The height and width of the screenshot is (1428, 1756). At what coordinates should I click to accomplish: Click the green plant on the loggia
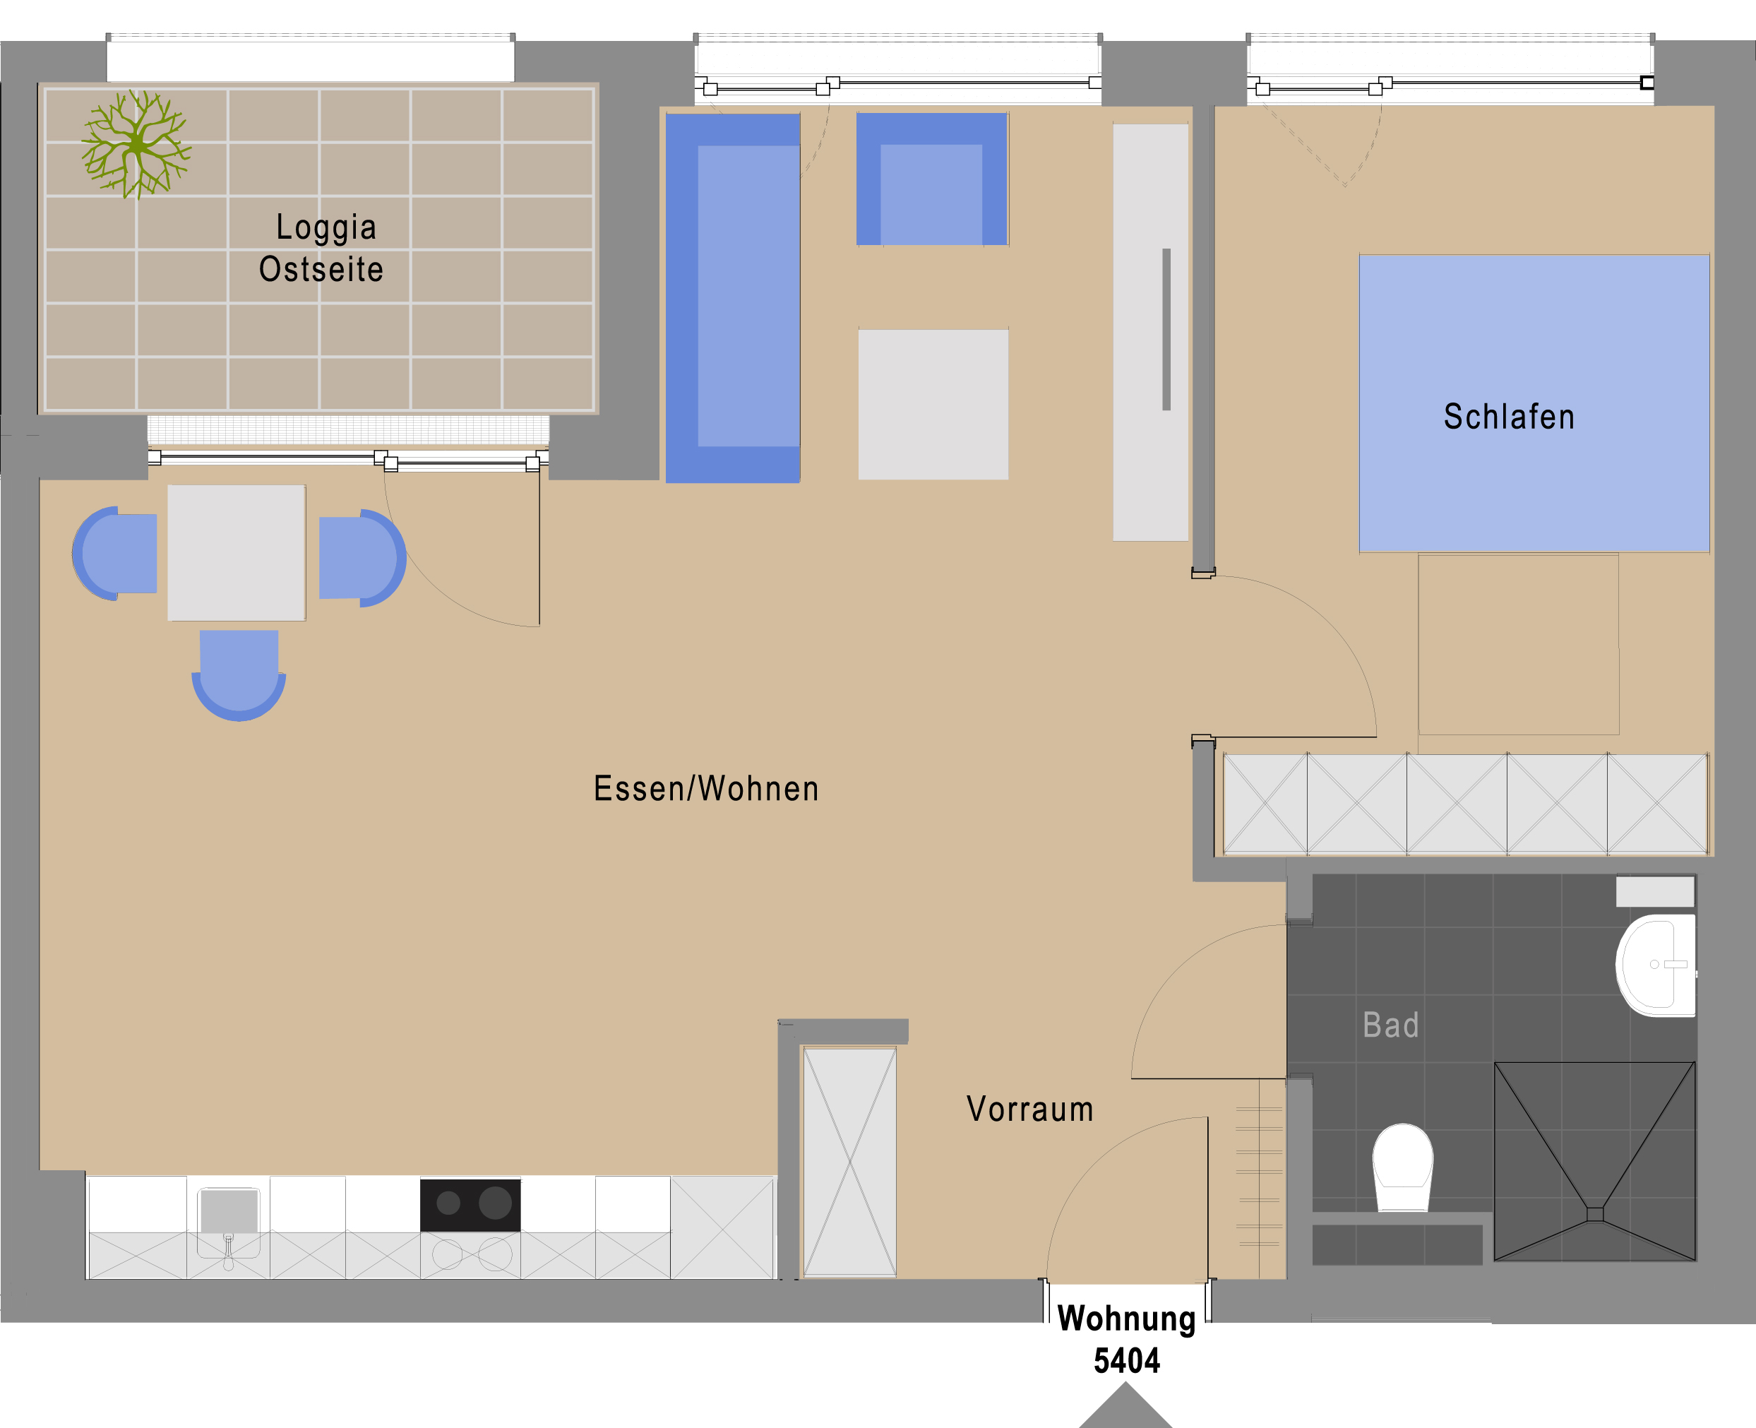pyautogui.click(x=136, y=145)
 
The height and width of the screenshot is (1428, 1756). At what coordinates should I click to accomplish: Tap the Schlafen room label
pyautogui.click(x=1510, y=417)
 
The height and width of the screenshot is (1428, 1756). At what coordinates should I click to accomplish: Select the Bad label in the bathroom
pyautogui.click(x=1391, y=1025)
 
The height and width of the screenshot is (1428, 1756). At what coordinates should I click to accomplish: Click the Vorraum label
pyautogui.click(x=1029, y=1109)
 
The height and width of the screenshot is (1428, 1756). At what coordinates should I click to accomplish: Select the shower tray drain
pyautogui.click(x=1595, y=1214)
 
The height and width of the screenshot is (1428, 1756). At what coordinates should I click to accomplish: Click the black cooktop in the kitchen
pyautogui.click(x=470, y=1205)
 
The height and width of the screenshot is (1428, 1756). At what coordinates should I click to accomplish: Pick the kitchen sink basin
pyautogui.click(x=229, y=1211)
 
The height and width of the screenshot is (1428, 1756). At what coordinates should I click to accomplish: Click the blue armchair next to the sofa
pyautogui.click(x=932, y=179)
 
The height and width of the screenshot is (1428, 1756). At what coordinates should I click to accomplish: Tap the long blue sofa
pyautogui.click(x=733, y=298)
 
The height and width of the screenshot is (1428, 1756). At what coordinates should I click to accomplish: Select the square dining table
pyautogui.click(x=237, y=553)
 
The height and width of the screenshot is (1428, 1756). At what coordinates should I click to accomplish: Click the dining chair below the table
pyautogui.click(x=239, y=675)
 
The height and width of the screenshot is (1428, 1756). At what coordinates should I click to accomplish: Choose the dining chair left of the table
pyautogui.click(x=114, y=554)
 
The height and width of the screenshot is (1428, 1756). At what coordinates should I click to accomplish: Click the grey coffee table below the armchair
pyautogui.click(x=933, y=405)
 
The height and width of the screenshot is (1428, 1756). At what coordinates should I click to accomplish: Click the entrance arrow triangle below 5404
pyautogui.click(x=1125, y=1408)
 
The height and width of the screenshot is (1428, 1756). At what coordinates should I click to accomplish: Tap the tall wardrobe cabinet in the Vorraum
pyautogui.click(x=849, y=1162)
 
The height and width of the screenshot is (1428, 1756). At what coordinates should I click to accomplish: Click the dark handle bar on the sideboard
pyautogui.click(x=1166, y=329)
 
